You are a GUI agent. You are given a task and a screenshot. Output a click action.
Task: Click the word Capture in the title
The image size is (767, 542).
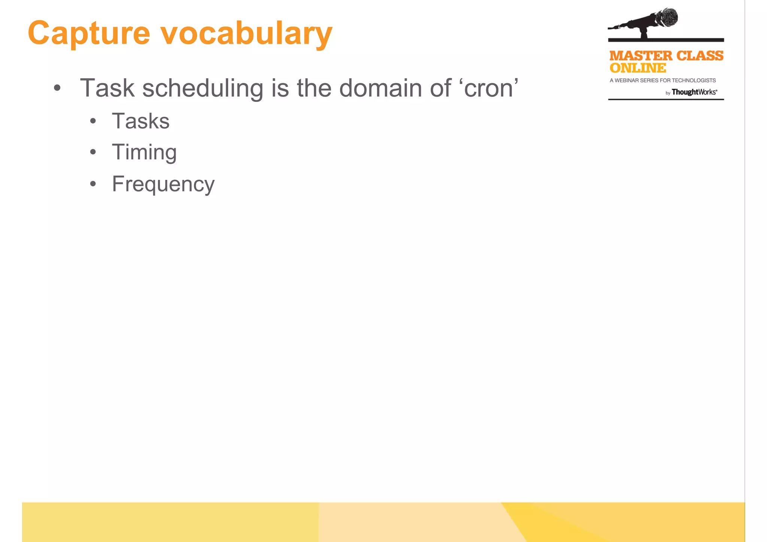(x=89, y=34)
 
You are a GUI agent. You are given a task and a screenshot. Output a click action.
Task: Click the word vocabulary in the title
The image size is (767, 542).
(x=246, y=34)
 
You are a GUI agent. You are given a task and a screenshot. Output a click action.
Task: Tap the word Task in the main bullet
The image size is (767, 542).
(x=107, y=88)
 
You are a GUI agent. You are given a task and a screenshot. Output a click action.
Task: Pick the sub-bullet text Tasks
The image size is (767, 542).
(x=140, y=121)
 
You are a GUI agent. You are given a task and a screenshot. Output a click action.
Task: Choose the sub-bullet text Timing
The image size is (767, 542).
(x=144, y=153)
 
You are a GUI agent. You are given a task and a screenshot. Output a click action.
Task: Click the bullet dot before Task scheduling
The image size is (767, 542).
(x=57, y=89)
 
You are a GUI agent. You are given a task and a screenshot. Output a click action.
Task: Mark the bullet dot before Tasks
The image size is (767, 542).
(x=93, y=121)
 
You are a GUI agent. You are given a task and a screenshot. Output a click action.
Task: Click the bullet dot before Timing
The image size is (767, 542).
(x=93, y=152)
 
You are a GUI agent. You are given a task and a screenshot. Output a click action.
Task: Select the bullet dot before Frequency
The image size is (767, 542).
(x=93, y=184)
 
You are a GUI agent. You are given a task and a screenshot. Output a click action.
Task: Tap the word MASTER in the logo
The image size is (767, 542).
(x=641, y=56)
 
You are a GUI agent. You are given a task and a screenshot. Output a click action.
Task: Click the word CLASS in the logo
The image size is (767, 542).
(x=700, y=56)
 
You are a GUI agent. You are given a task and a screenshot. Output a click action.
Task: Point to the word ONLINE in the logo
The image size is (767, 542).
(x=637, y=68)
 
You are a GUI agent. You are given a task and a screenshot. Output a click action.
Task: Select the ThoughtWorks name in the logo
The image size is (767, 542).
(x=694, y=92)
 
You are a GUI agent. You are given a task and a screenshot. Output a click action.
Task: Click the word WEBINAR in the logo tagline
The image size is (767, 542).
(x=627, y=81)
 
